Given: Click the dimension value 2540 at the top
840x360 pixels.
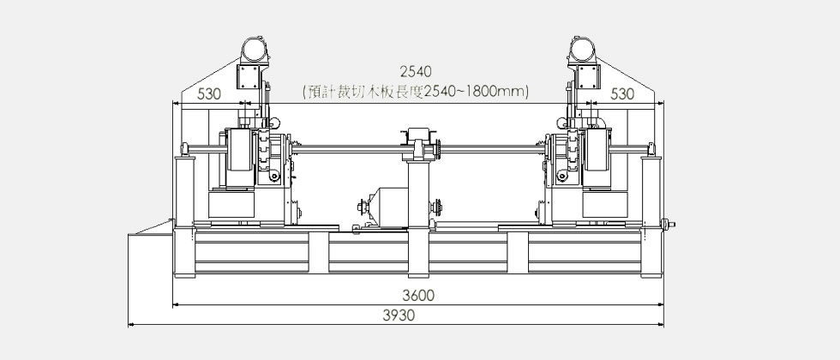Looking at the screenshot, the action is coord(416,71).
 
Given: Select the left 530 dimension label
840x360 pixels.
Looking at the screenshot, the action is coord(209,94).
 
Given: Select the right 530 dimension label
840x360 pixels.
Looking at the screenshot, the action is coord(622,94).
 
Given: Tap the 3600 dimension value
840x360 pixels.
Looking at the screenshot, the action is coord(419,295).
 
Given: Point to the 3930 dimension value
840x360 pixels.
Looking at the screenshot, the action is coord(399,315).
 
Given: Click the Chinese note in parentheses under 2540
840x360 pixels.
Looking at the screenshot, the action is coord(415,93).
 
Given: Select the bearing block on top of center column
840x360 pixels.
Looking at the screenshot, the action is coord(418,144).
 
